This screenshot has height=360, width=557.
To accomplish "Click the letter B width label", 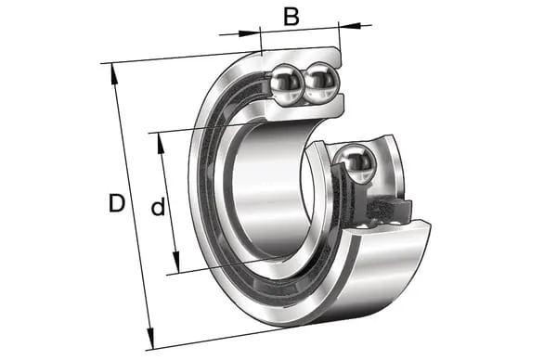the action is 291,17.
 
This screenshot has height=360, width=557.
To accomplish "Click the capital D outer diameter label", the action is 117,203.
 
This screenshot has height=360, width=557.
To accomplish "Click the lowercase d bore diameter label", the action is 158,207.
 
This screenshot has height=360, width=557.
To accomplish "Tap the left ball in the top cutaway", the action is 286,84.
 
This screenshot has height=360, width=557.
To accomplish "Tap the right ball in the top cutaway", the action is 321,83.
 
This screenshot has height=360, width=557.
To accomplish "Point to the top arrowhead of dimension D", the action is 113,73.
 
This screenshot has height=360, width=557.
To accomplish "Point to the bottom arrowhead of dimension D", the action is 150,339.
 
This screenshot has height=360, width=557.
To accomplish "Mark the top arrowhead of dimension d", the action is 161,144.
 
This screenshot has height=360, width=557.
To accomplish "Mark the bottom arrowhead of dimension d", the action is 175,262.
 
